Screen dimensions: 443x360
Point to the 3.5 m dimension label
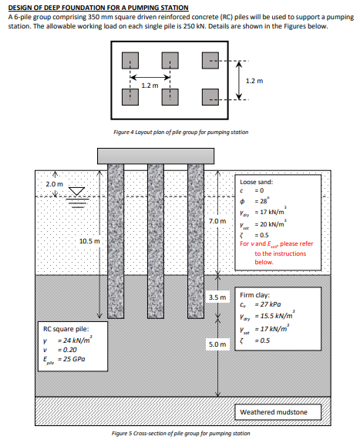(x=217, y=297)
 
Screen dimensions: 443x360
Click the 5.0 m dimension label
(x=217, y=344)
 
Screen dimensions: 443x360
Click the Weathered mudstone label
(x=274, y=412)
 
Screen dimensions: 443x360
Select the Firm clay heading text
(x=254, y=294)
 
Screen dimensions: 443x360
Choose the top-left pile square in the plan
(x=131, y=60)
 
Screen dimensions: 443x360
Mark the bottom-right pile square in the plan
(x=209, y=96)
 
